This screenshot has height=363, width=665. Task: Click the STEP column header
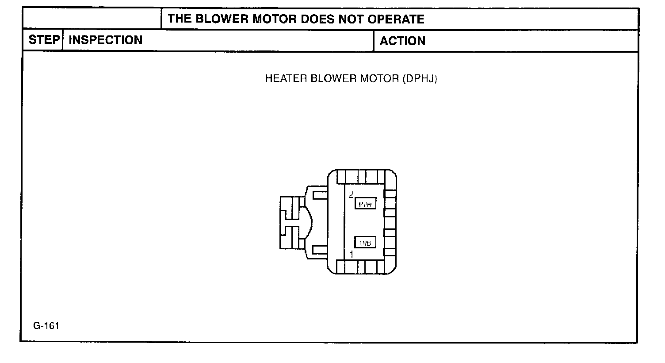tap(43, 40)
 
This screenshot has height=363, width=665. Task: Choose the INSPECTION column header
tap(106, 40)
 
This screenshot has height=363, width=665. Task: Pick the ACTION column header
tap(402, 41)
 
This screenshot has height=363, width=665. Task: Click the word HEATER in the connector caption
tap(286, 79)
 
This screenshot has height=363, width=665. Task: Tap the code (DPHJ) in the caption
tap(420, 79)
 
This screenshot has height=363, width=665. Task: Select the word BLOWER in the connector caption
tap(333, 79)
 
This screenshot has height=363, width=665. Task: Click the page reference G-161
tap(46, 326)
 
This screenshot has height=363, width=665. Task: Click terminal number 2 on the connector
tap(351, 194)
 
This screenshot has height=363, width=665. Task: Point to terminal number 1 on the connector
tap(352, 255)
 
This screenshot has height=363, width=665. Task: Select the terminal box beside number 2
tap(365, 204)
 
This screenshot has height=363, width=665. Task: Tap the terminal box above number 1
tap(365, 243)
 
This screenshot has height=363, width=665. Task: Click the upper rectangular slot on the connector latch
tap(320, 194)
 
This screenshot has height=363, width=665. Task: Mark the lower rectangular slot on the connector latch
tap(320, 250)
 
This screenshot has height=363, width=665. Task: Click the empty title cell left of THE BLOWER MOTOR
tap(92, 19)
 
